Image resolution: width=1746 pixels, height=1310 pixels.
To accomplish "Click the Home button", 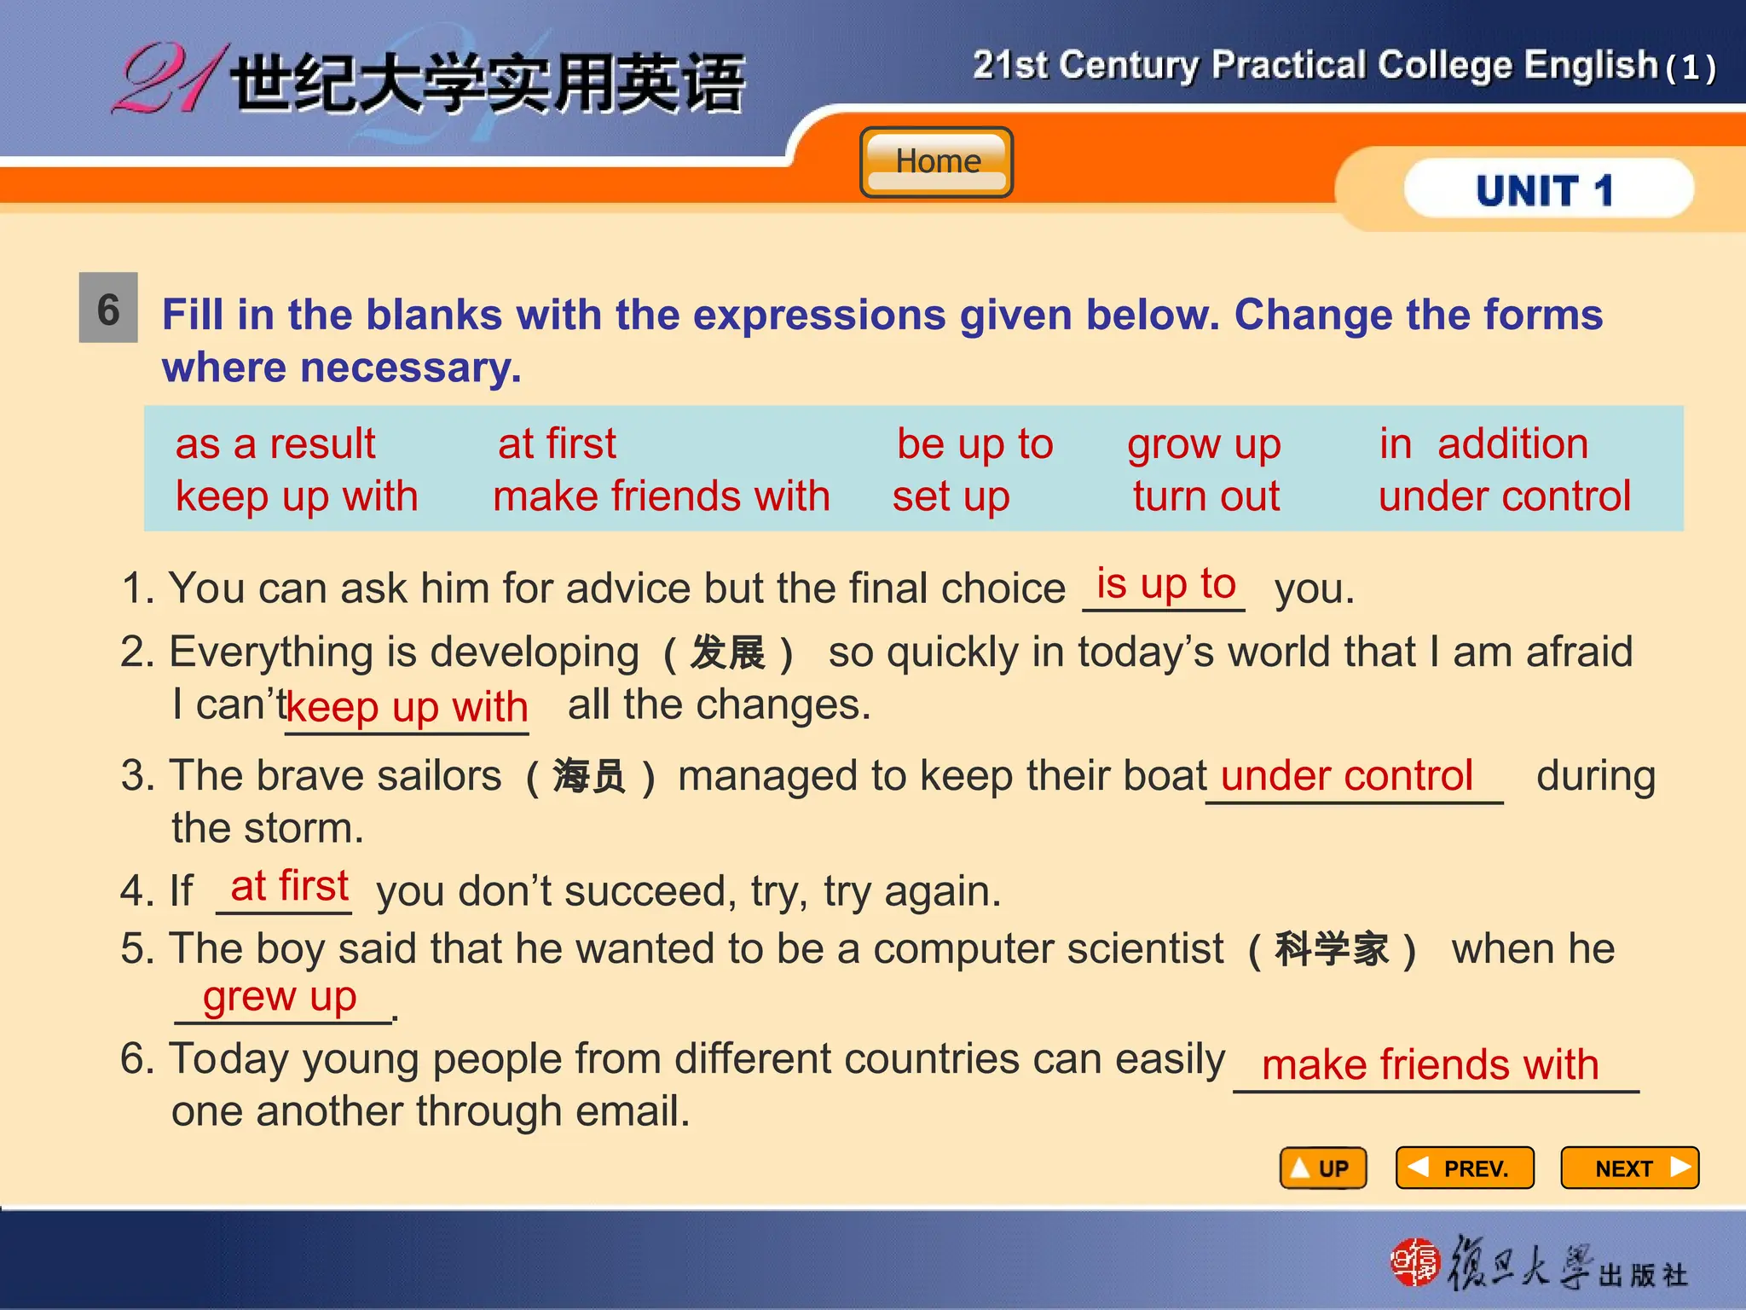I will [x=937, y=162].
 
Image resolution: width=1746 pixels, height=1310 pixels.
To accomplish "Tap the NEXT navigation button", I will [x=1629, y=1168].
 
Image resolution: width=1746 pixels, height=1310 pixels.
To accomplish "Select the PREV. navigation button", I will [x=1465, y=1168].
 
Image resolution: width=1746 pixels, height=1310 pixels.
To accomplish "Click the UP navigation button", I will [x=1323, y=1168].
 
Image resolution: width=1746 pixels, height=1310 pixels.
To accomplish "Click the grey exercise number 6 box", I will [x=108, y=308].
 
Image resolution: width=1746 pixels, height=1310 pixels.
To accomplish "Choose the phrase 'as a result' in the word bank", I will [x=275, y=444].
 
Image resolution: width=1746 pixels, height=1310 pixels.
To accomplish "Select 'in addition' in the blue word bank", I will [x=1483, y=444].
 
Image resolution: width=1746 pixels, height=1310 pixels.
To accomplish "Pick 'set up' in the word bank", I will [x=951, y=496].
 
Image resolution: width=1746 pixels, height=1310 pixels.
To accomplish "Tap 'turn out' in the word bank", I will [x=1205, y=496].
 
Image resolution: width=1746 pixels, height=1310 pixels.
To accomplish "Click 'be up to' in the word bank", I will [x=974, y=444].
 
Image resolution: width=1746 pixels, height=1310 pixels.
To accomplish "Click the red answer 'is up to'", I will [x=1165, y=584].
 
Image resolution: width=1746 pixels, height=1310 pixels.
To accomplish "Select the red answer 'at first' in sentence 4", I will [x=290, y=886].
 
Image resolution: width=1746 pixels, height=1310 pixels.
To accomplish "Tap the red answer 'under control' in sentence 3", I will [x=1346, y=776].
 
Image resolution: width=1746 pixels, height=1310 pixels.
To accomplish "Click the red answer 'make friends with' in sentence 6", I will [x=1430, y=1065].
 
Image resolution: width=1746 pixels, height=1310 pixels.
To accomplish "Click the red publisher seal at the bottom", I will [x=1414, y=1261].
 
